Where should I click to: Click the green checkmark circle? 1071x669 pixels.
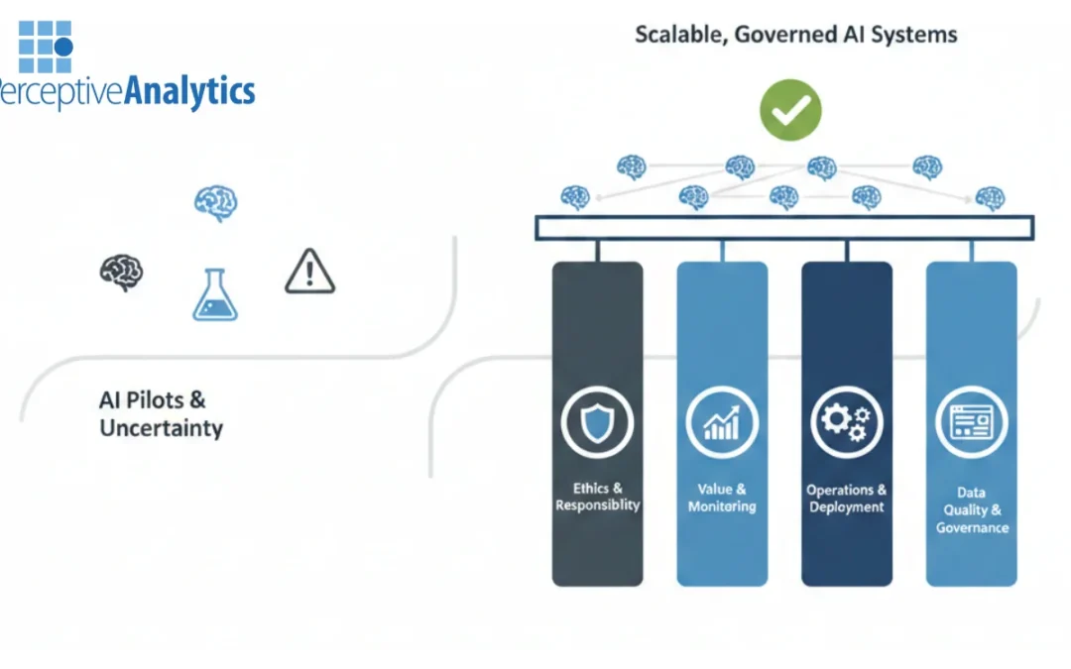(790, 110)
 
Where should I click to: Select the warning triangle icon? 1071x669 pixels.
(309, 272)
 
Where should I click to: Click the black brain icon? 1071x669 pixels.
(122, 272)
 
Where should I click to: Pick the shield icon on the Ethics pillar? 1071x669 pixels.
(597, 423)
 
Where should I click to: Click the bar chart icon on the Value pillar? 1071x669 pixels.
(722, 423)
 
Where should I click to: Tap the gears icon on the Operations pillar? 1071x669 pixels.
(846, 423)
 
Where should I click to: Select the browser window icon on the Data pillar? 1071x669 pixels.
(971, 423)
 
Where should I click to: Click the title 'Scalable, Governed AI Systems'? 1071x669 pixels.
(795, 35)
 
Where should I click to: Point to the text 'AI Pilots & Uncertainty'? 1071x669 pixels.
(161, 414)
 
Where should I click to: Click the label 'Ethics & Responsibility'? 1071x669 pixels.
(597, 497)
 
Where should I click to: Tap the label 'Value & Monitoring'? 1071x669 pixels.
(722, 498)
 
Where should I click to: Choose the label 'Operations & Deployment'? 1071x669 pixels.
(846, 499)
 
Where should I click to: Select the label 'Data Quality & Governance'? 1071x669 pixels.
(971, 509)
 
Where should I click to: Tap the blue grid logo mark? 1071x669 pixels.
(46, 47)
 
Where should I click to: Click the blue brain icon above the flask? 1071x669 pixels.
(215, 203)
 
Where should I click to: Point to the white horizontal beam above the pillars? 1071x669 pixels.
(784, 228)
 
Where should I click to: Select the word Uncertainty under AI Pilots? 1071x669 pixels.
(161, 429)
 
